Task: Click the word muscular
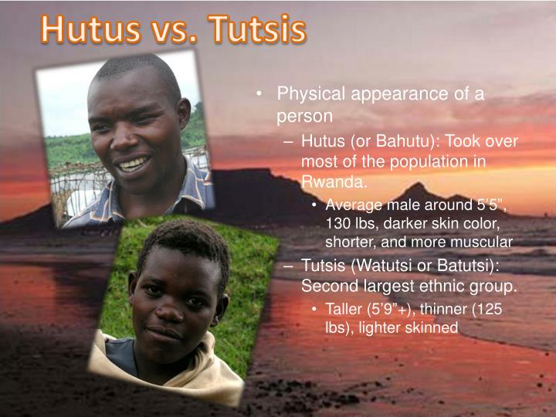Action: [486, 241]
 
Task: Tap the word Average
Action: [352, 205]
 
